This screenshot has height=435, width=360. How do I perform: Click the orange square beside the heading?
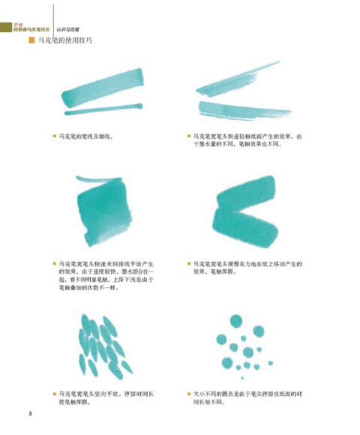pyautogui.click(x=31, y=41)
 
